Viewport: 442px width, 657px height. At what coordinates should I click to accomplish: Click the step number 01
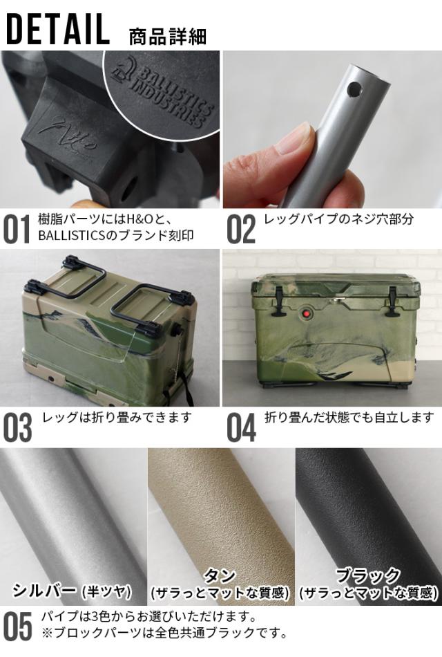click(x=17, y=230)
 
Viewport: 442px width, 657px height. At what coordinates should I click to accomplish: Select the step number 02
click(x=241, y=230)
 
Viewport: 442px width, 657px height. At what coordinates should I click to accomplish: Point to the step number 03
click(x=17, y=428)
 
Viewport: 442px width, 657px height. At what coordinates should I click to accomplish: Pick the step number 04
click(x=241, y=428)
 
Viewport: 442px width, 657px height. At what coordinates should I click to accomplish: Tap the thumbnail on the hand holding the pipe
click(x=299, y=136)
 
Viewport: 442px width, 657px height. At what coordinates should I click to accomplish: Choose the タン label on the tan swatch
click(x=220, y=575)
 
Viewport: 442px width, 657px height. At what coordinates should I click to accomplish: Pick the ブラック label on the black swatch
click(x=367, y=575)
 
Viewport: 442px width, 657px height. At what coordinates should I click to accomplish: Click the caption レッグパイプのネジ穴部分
click(x=338, y=219)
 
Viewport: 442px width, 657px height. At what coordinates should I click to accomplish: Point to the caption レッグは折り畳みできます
click(x=117, y=418)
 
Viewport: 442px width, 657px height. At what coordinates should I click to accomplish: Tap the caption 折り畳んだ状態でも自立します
click(x=349, y=418)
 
